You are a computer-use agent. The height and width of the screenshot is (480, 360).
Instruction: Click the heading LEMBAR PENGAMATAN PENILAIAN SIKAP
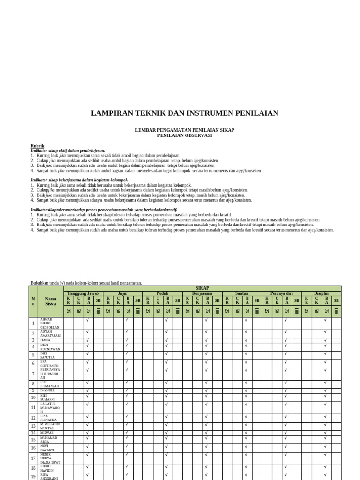pyautogui.click(x=184, y=130)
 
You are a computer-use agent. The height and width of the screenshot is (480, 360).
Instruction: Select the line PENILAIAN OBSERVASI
pyautogui.click(x=184, y=135)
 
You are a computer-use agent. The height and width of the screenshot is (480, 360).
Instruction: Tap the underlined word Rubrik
pyautogui.click(x=37, y=146)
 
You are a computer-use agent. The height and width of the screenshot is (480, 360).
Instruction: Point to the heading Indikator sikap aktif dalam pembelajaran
pyautogui.click(x=68, y=150)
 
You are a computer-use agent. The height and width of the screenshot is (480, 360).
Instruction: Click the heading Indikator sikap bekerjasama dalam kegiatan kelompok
pyautogui.click(x=79, y=180)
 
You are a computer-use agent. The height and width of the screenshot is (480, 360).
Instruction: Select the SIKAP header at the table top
pyautogui.click(x=202, y=288)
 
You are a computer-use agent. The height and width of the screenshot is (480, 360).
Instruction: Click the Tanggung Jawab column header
pyautogui.click(x=83, y=293)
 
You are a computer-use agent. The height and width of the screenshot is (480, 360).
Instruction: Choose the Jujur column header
pyautogui.click(x=122, y=293)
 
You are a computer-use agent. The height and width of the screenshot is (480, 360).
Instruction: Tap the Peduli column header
pyautogui.click(x=162, y=293)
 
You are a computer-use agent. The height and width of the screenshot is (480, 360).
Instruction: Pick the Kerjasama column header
pyautogui.click(x=202, y=293)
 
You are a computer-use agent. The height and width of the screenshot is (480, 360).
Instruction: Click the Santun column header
pyautogui.click(x=242, y=293)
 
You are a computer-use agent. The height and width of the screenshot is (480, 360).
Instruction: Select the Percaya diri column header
pyautogui.click(x=281, y=293)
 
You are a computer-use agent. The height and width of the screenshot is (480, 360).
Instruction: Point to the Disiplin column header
pyautogui.click(x=321, y=293)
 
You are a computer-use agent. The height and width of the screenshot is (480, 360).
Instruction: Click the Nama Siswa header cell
pyautogui.click(x=51, y=301)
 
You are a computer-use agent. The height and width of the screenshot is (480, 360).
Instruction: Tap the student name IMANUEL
pyautogui.click(x=47, y=390)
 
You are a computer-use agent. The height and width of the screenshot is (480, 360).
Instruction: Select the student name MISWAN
pyautogui.click(x=47, y=433)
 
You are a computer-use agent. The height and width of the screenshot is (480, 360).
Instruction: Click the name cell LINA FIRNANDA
pyautogui.click(x=49, y=418)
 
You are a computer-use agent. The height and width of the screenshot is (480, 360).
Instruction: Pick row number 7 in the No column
pyautogui.click(x=33, y=374)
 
